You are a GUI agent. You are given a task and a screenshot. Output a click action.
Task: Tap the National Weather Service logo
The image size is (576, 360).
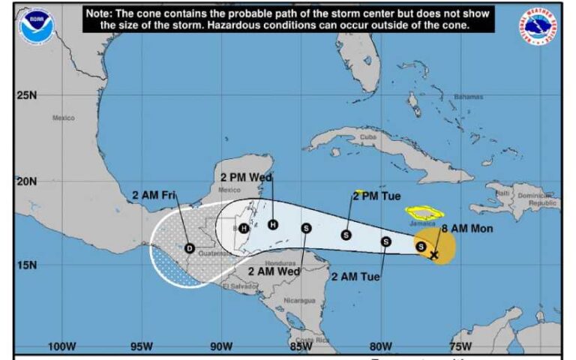click(541, 27)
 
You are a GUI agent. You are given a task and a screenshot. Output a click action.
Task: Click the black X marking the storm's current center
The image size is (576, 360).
click(434, 255)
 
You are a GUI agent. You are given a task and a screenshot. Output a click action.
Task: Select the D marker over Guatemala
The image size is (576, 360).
click(189, 248)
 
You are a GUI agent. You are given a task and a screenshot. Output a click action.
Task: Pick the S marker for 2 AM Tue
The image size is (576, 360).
click(385, 241)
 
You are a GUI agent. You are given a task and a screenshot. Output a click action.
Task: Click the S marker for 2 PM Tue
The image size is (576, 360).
click(346, 234)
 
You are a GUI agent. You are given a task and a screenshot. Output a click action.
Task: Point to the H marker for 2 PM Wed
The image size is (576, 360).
click(273, 224)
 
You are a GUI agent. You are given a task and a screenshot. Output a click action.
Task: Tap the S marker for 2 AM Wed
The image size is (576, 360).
click(306, 228)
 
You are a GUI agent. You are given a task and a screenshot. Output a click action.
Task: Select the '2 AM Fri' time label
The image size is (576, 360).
click(154, 196)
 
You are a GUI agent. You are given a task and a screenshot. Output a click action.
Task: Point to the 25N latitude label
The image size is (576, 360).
click(26, 95)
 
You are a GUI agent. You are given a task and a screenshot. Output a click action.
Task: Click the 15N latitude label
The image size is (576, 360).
click(26, 265)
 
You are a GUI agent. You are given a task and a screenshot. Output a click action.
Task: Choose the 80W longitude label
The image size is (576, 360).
click(380, 346)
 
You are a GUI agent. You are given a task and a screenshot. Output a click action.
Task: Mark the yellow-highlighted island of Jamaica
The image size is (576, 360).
click(424, 214)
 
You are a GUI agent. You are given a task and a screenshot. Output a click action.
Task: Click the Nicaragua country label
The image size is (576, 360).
click(299, 300)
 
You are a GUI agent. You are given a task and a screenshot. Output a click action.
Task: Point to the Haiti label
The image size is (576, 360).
click(501, 193)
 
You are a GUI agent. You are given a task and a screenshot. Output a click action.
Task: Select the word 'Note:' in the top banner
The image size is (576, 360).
click(100, 14)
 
